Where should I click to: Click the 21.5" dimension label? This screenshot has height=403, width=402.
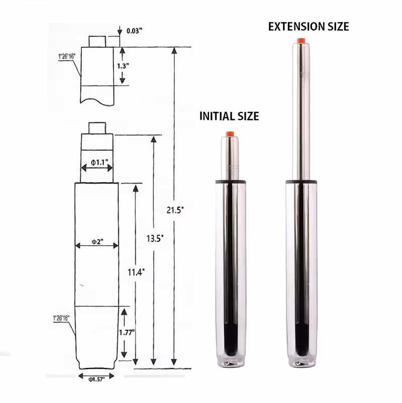(175, 210)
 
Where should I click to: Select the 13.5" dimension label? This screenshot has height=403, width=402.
(155, 239)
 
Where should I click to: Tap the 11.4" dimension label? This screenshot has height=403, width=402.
(136, 272)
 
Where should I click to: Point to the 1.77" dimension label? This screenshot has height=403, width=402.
(127, 333)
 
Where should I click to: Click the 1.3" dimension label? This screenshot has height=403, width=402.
(123, 66)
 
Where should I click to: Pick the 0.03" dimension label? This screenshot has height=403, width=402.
(134, 31)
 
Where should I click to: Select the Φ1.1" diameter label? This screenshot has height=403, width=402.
(99, 162)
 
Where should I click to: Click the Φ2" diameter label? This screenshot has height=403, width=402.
(97, 242)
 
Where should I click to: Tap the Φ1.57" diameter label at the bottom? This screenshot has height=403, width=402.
(96, 379)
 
